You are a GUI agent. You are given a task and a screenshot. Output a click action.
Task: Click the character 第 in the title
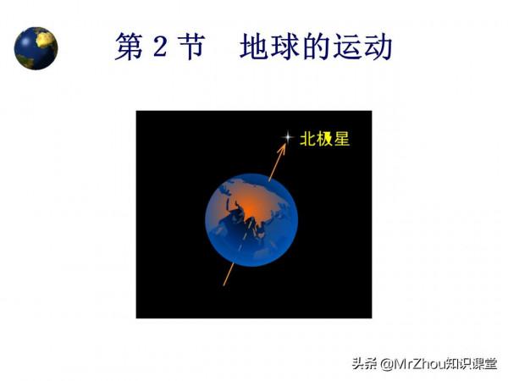point(130,47)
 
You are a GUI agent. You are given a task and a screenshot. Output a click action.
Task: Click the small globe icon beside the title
point(36,48)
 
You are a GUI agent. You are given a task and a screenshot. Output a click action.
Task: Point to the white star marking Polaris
point(288,137)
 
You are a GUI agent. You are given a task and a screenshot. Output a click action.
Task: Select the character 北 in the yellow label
point(308,139)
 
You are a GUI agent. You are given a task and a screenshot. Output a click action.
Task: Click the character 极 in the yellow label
point(325,139)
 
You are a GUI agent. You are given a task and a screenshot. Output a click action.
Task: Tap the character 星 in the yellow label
point(341,139)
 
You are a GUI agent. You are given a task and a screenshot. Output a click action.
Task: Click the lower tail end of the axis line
point(224,284)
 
